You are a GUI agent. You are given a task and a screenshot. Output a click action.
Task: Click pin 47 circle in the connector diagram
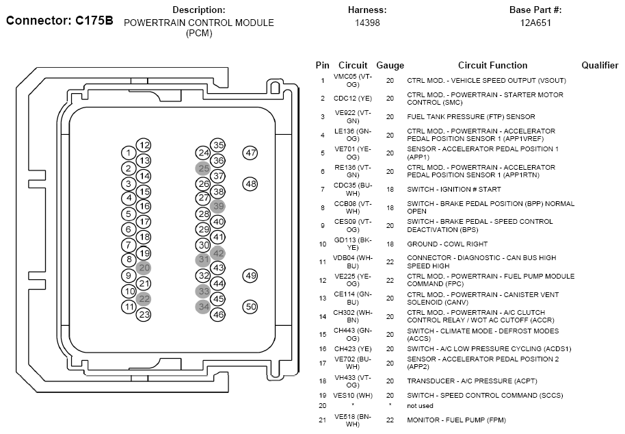[250, 153]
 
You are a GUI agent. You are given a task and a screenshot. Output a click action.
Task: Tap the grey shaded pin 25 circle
[203, 168]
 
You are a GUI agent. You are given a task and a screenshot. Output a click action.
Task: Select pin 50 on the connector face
[250, 307]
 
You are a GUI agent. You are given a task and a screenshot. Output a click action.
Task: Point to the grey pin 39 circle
[218, 206]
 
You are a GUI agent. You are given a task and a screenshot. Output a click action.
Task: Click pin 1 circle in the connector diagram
[129, 153]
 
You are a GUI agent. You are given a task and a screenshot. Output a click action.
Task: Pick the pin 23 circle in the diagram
[144, 314]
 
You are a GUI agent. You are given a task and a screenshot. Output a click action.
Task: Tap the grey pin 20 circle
[144, 268]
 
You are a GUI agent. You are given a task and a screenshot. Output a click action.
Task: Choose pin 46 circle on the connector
[218, 314]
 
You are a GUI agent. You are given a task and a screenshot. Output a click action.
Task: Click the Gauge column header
[390, 66]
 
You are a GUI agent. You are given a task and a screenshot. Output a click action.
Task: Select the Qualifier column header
[600, 66]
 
